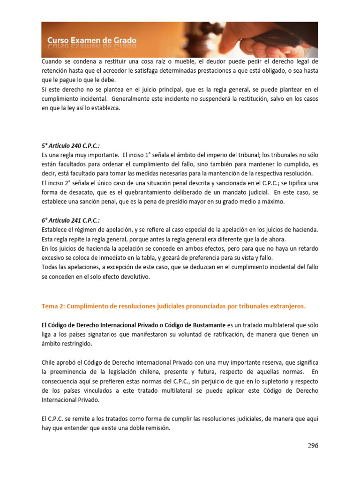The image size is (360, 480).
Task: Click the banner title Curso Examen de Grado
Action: click(x=92, y=41)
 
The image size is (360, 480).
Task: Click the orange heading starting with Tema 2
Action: click(x=173, y=307)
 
